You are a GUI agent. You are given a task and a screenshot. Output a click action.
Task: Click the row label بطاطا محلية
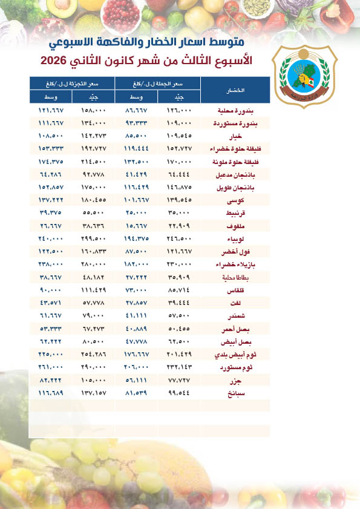click(238, 278)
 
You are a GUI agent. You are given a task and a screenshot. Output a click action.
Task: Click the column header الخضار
click(236, 90)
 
